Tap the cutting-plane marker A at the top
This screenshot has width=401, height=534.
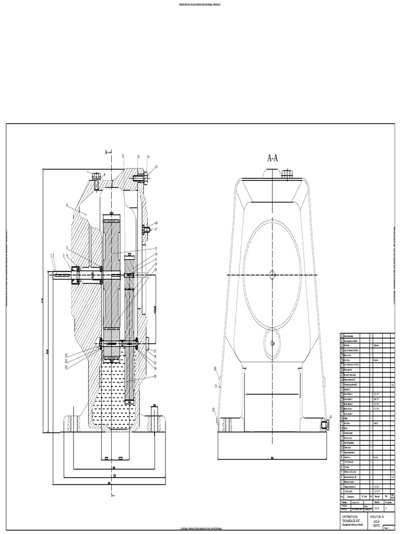point(108,152)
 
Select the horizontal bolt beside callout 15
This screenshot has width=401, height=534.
point(140,178)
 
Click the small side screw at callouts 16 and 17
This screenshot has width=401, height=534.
point(145,228)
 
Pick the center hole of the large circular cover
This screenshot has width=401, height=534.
point(273,274)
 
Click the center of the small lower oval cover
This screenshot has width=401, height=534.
point(273,343)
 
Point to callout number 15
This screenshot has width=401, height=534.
point(156,166)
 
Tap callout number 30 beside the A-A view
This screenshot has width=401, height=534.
point(215,368)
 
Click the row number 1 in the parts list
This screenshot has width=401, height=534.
point(343,491)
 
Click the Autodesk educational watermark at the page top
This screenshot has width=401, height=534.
point(200,4)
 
